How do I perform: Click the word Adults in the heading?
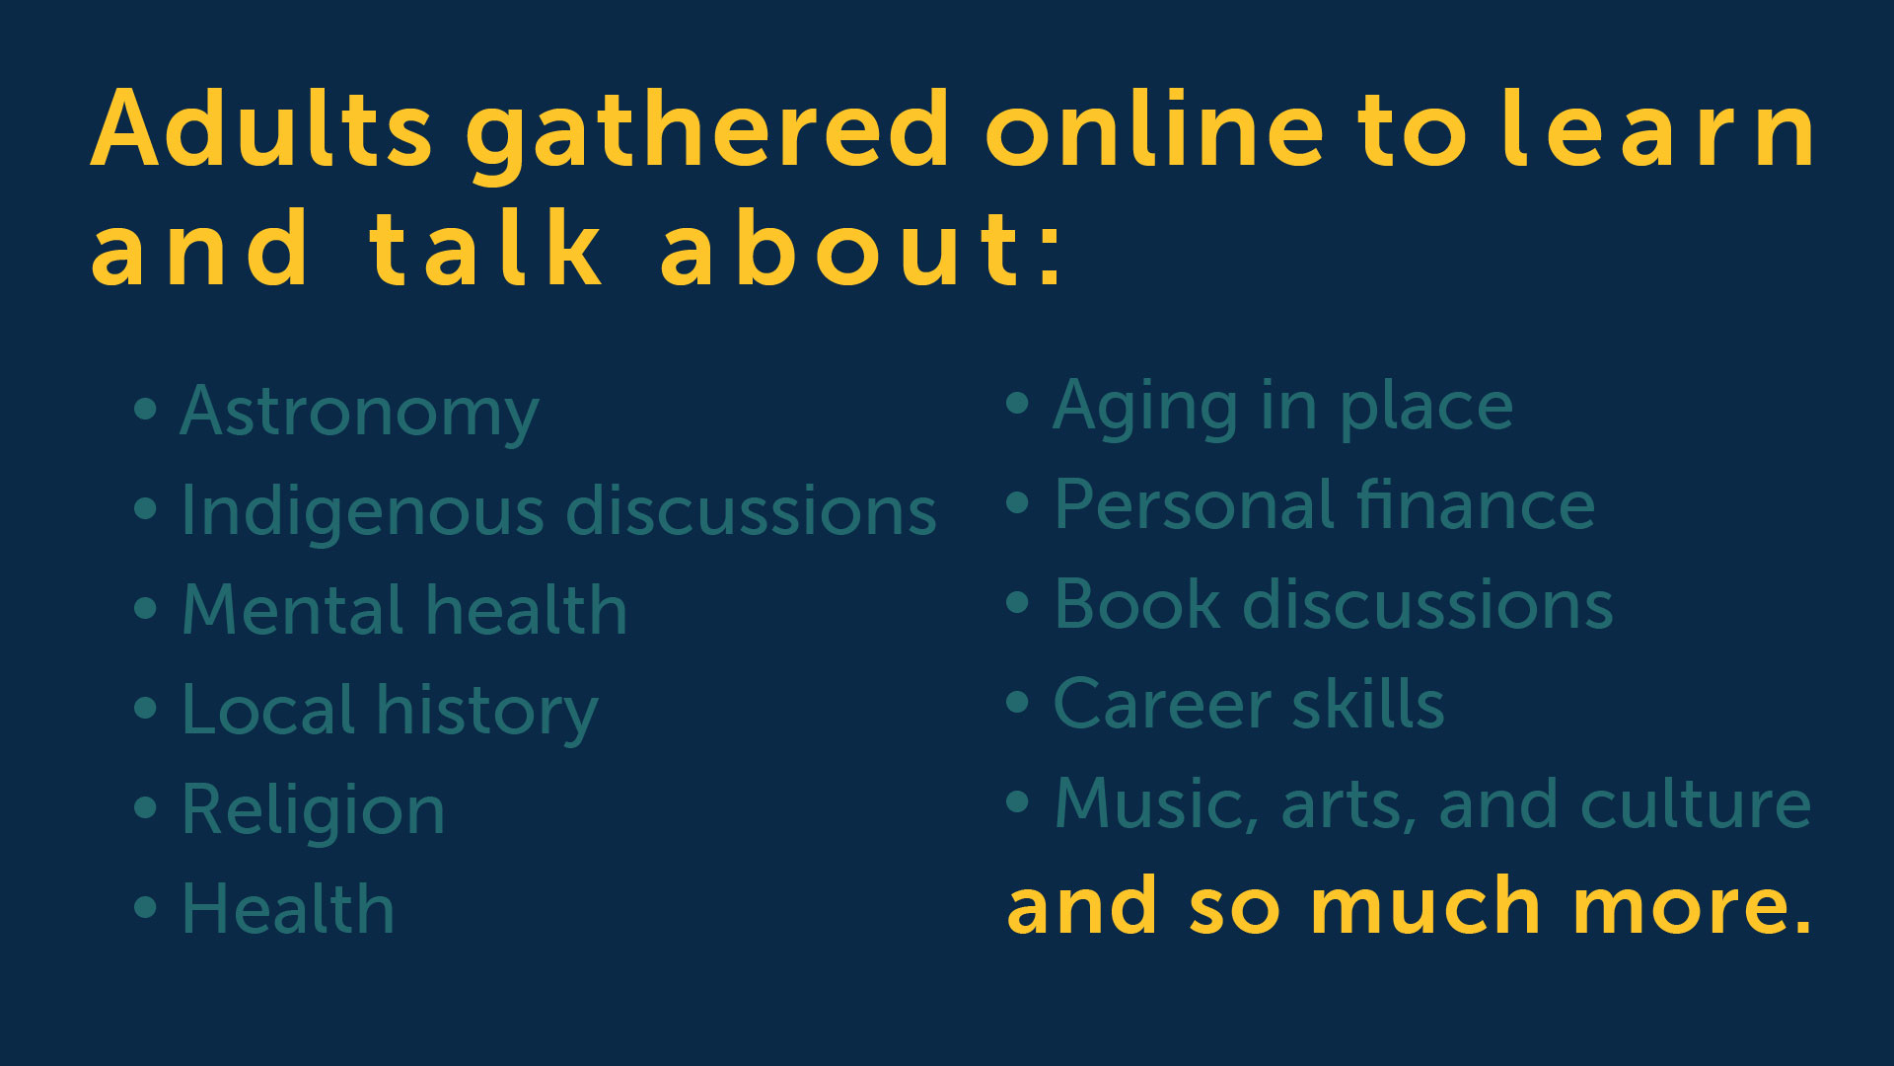(x=261, y=128)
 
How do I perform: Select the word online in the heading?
(x=1155, y=128)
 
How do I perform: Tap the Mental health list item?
(x=404, y=609)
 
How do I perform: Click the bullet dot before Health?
(x=145, y=907)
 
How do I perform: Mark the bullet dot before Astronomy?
(x=145, y=409)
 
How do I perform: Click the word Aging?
(x=1145, y=409)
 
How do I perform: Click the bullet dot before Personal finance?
(x=1017, y=503)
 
